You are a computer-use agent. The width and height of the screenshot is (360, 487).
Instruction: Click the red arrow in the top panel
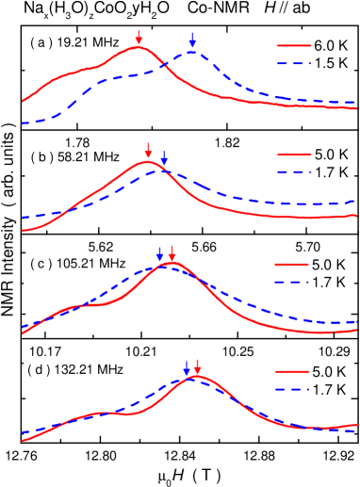coord(139,38)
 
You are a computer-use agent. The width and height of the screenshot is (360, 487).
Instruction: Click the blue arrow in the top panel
coord(192,41)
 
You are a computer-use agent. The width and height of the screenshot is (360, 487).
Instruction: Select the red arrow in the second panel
coord(148,151)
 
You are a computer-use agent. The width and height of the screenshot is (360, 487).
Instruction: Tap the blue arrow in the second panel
coord(164,158)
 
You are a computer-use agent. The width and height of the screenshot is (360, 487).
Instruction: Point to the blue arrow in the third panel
coord(160,254)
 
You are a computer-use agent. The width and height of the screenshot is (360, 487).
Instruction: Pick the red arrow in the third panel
coord(172,253)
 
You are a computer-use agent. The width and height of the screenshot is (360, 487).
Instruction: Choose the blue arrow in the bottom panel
coord(187,367)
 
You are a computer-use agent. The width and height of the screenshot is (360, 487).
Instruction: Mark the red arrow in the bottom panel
coord(197,366)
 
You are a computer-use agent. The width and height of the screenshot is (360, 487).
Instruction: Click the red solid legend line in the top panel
coord(293,45)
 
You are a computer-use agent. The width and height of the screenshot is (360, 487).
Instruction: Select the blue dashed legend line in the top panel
coord(293,63)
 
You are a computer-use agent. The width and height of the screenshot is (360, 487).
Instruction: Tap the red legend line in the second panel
coord(293,154)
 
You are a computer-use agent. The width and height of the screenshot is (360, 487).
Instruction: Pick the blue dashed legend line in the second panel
coord(293,172)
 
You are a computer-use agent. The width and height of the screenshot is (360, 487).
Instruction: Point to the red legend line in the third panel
coord(291,265)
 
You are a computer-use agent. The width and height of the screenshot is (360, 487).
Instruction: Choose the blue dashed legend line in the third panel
coord(291,282)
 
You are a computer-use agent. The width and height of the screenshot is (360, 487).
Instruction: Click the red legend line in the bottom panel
coord(291,371)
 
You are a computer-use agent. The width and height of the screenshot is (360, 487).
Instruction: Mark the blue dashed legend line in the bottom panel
coord(291,389)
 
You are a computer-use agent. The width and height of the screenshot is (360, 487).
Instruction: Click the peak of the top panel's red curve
coord(138,47)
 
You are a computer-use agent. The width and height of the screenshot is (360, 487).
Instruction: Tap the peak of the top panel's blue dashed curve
coord(191,53)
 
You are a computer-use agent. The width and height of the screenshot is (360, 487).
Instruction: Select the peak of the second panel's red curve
coord(147,162)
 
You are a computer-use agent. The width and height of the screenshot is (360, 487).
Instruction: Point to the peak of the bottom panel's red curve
coord(196,377)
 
